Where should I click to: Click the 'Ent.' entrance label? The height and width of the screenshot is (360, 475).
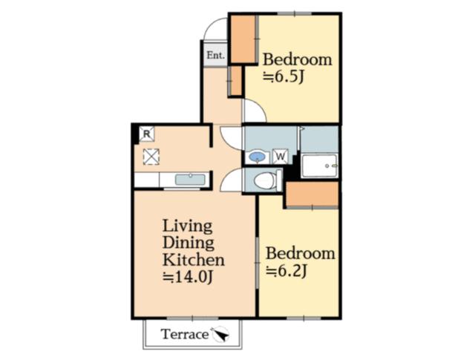pyautogui.click(x=215, y=55)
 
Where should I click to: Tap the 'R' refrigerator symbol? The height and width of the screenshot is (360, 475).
pyautogui.click(x=146, y=134)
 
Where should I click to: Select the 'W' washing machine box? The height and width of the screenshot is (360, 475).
pyautogui.click(x=281, y=157)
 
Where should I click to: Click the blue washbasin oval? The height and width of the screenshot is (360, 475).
pyautogui.click(x=258, y=157)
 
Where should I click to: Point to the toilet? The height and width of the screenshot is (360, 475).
pyautogui.click(x=263, y=180)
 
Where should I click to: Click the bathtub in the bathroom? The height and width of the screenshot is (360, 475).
pyautogui.click(x=319, y=166)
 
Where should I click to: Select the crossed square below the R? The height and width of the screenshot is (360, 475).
pyautogui.click(x=151, y=156)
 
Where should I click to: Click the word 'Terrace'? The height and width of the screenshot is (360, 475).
pyautogui.click(x=185, y=334)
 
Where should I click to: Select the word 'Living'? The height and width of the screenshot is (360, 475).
pyautogui.click(x=188, y=225)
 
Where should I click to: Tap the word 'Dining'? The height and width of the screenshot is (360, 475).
pyautogui.click(x=189, y=243)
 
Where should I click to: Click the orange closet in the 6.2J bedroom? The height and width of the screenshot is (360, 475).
pyautogui.click(x=312, y=194)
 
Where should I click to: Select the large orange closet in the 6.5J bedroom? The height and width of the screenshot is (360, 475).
pyautogui.click(x=242, y=39)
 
